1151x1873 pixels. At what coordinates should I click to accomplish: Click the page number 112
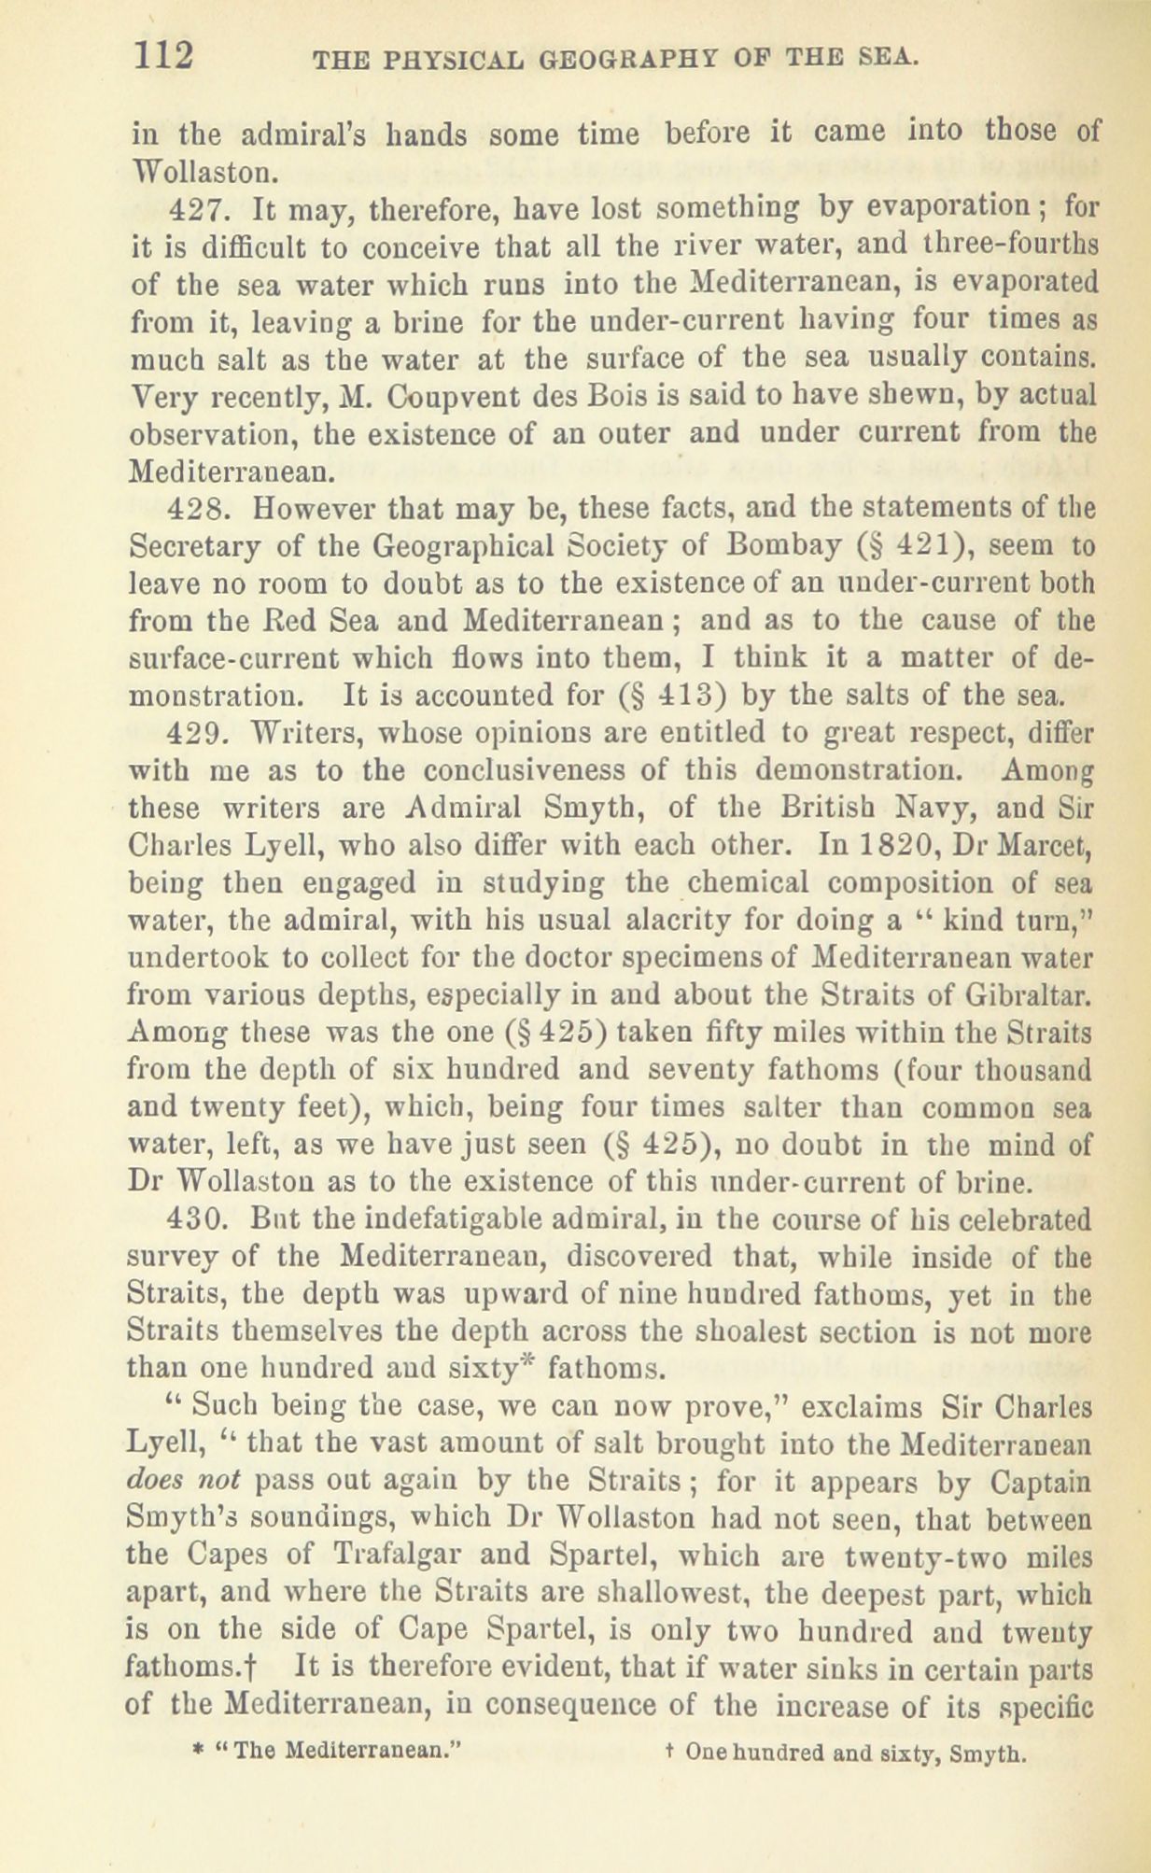point(163,55)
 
